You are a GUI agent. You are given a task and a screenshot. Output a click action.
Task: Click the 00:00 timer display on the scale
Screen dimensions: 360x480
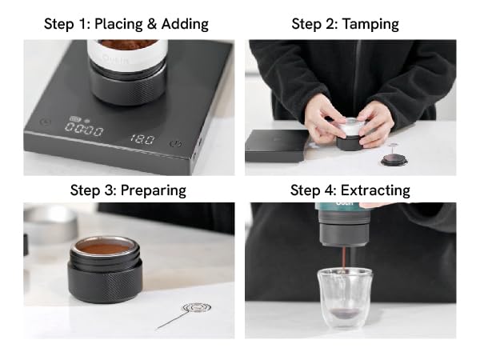[x=83, y=130]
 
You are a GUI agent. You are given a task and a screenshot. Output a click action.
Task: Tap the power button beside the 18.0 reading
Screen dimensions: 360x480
[x=175, y=144]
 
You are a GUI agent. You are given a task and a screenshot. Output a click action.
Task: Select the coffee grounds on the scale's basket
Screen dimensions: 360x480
[x=127, y=43]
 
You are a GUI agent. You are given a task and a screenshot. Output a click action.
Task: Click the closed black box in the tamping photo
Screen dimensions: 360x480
[x=276, y=144]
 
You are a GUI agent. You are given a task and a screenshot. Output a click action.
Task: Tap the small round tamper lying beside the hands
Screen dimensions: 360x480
[x=393, y=158]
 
